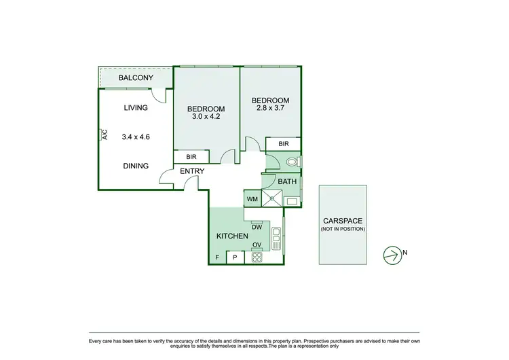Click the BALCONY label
click(x=136, y=78)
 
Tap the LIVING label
click(x=136, y=108)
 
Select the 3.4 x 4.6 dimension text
click(x=136, y=137)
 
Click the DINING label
click(x=136, y=166)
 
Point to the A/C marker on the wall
click(x=104, y=134)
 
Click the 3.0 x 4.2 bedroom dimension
click(x=206, y=117)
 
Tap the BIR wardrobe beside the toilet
click(x=283, y=144)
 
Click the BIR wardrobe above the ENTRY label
click(x=191, y=157)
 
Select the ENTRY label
click(x=192, y=171)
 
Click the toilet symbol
click(x=293, y=162)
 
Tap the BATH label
click(x=287, y=181)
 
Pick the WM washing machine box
click(x=252, y=199)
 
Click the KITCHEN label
click(x=231, y=236)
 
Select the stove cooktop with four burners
click(x=257, y=257)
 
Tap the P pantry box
click(x=235, y=257)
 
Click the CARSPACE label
click(x=342, y=221)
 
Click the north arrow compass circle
click(x=392, y=254)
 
